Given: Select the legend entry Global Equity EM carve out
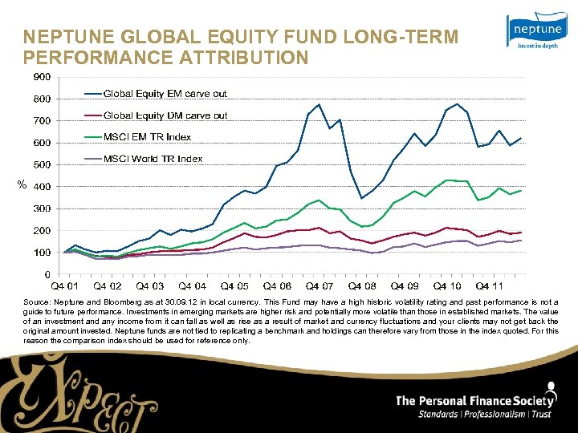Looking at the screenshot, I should [165, 94].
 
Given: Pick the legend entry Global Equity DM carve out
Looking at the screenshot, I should [165, 115].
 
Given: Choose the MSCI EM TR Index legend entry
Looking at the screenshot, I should [147, 137].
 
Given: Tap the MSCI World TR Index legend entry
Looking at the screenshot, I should [153, 159].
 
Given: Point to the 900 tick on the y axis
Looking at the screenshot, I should [41, 77].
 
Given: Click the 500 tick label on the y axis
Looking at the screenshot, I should [41, 164].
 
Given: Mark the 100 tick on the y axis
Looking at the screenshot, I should [41, 253].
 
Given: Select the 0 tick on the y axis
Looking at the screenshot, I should [47, 274].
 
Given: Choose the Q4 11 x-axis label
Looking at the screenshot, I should [489, 286].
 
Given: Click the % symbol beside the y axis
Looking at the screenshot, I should [22, 186].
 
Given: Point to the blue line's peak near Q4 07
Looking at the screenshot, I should [319, 104].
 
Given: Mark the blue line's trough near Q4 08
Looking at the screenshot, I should [361, 198].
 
